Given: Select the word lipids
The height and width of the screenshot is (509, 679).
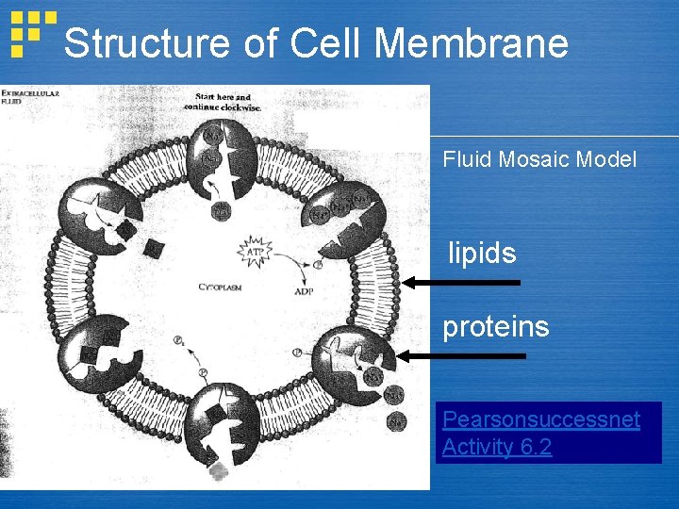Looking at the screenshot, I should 482,253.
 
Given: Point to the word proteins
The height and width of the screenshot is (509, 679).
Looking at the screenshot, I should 496,326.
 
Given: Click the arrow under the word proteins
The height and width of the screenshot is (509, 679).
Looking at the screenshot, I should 462,355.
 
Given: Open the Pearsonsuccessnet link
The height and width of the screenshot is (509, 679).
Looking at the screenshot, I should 541,419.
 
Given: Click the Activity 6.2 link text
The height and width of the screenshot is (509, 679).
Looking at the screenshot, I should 497,447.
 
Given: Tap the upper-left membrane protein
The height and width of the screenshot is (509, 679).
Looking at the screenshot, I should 100,213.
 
